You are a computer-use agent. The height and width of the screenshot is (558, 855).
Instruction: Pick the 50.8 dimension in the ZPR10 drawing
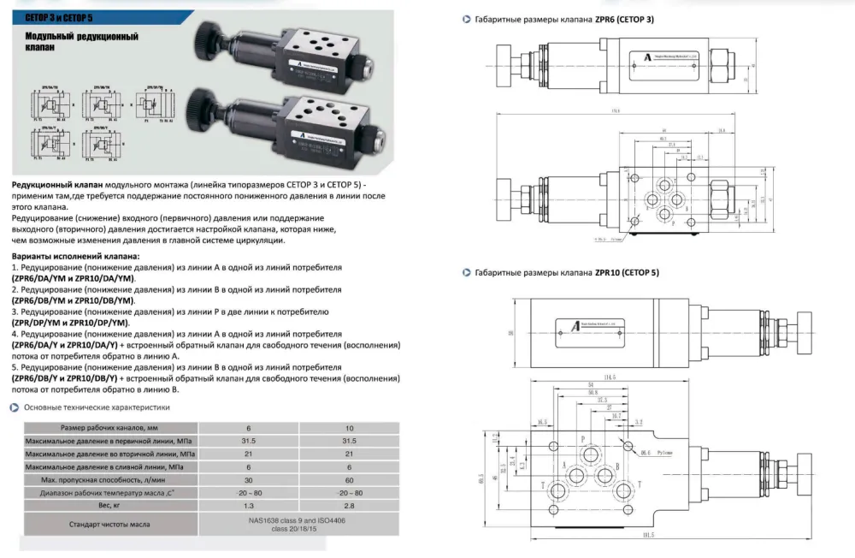(x=591, y=394)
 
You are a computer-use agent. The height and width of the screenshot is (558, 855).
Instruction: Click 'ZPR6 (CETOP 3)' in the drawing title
(x=624, y=19)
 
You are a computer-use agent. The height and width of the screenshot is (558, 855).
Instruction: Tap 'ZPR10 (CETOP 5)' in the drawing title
(x=627, y=273)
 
